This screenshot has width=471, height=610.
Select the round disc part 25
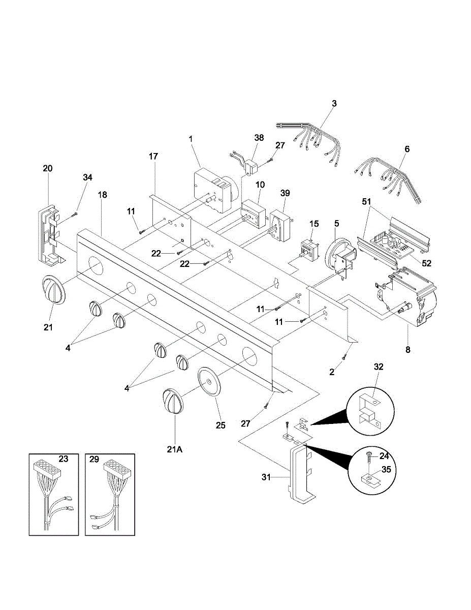coord(209,381)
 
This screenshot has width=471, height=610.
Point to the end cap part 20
coord(50,234)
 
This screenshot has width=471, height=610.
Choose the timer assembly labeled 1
coord(212,190)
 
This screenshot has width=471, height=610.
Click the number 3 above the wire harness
coord(334,104)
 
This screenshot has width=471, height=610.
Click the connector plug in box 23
coord(47,468)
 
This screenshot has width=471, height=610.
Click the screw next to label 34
coord(74,213)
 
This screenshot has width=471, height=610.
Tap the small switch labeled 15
coord(308,249)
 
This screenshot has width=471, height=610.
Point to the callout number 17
coord(153,157)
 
